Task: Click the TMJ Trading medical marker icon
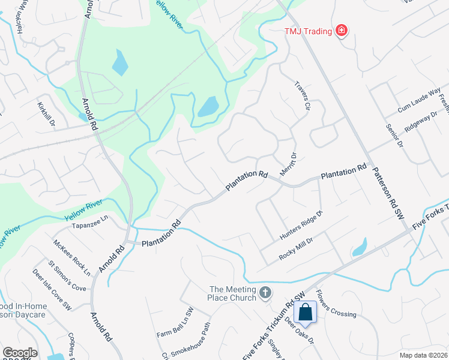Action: click(x=342, y=30)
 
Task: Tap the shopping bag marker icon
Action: click(x=305, y=312)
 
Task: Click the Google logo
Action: click(x=20, y=353)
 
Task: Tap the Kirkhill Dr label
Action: click(x=46, y=112)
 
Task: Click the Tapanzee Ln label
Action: click(x=89, y=226)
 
